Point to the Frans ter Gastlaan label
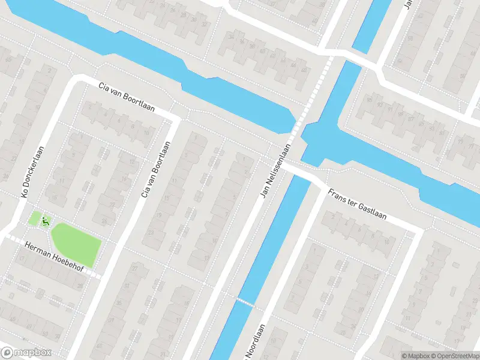[357, 205]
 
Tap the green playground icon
[45, 221]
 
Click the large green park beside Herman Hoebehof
[76, 244]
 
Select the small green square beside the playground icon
[35, 218]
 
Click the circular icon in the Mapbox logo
[8, 353]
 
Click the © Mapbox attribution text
[416, 356]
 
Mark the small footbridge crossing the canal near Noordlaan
[244, 302]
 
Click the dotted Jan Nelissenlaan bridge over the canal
[308, 102]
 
